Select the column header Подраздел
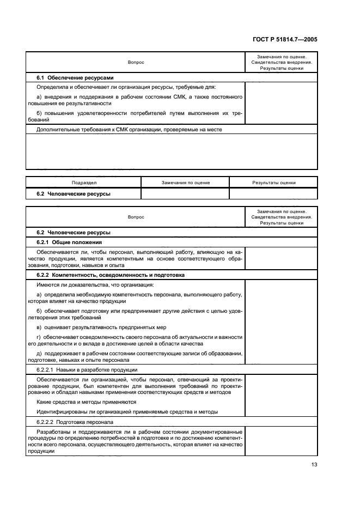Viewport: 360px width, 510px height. (83, 183)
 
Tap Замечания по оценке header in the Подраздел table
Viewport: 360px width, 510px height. (185, 183)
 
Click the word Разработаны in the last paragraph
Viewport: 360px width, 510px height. (53, 431)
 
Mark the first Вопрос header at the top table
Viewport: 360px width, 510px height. (136, 63)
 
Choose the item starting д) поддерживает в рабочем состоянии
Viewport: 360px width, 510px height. (139, 354)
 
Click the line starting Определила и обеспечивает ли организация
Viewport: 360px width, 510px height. (126, 87)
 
